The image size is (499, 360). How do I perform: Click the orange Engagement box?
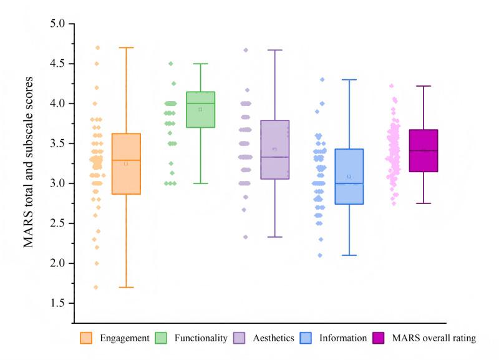tap(126, 163)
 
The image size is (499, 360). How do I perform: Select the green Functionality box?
tap(200, 109)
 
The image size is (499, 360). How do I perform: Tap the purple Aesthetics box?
tap(274, 150)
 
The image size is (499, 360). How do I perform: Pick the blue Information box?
tap(349, 177)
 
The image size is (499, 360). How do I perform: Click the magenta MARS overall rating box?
tap(424, 150)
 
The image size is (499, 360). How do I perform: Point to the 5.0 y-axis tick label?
tap(59, 24)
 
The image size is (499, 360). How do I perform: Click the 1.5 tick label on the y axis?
tap(59, 303)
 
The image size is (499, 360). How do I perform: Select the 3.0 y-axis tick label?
tap(59, 183)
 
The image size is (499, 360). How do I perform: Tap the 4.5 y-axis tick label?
tap(59, 64)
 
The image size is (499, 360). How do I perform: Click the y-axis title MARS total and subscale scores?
tap(29, 162)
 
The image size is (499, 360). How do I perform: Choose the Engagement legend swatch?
tap(86, 338)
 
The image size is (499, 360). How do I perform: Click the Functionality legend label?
tap(200, 338)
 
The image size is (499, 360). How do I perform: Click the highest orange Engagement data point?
tap(97, 47)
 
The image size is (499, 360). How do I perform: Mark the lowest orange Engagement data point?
tap(96, 287)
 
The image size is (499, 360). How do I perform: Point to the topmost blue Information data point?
tap(322, 79)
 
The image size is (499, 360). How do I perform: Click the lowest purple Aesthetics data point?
tap(245, 237)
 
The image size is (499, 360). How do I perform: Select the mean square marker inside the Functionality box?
tap(200, 109)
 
